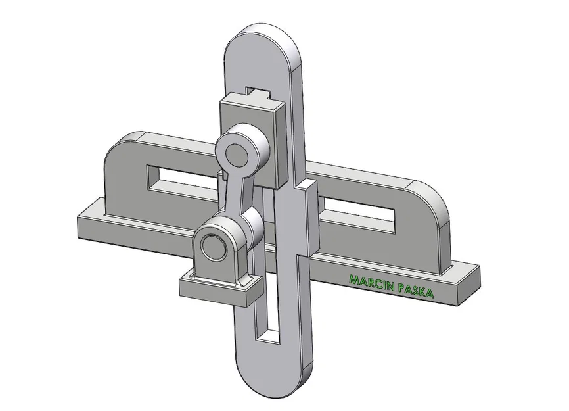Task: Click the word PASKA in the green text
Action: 413,290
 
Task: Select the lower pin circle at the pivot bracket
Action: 214,247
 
